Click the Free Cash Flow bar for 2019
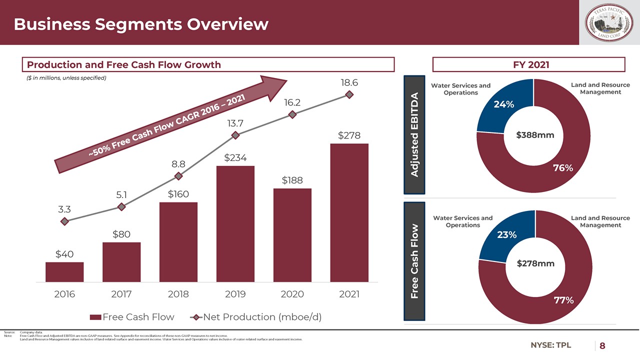point(235,224)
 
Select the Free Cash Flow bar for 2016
point(64,272)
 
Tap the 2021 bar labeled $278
point(349,213)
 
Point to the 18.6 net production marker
point(349,94)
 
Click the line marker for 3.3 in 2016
point(64,221)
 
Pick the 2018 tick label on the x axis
point(178,294)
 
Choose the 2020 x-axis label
point(292,294)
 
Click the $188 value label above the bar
point(292,180)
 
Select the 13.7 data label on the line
point(235,122)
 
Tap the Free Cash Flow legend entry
point(132,317)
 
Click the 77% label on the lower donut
point(563,300)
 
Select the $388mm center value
point(535,134)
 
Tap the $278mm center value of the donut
point(535,263)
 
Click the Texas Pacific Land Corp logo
point(609,23)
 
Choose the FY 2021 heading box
point(528,64)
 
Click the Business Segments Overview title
point(141,24)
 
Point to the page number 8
point(602,346)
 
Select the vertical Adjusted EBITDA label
point(414,134)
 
